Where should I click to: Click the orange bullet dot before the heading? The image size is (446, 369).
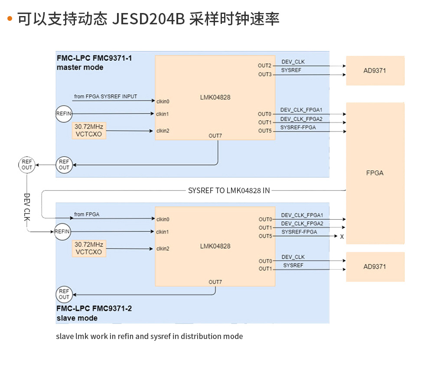10,19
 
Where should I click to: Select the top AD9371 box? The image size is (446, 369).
375,70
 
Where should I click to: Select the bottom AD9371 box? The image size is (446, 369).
375,267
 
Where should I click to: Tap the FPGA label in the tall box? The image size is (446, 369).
375,173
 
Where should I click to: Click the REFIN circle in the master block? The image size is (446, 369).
64,114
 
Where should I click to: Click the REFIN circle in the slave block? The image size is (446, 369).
62,231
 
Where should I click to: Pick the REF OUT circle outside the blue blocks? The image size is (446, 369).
27,165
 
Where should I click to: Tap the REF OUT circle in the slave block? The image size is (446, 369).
64,294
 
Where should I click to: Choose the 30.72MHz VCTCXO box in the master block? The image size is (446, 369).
89,130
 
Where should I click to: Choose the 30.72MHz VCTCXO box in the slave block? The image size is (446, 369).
89,248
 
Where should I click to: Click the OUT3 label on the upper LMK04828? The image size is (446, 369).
265,75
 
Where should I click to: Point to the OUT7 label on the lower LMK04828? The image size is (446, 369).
215,282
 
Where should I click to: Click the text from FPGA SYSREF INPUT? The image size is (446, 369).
105,96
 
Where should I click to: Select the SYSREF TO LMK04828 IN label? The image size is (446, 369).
229,190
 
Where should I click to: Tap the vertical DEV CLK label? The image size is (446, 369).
27,208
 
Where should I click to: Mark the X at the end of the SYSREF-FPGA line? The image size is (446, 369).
342,237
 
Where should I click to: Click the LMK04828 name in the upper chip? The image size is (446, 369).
215,97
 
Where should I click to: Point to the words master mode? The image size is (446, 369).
80,67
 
